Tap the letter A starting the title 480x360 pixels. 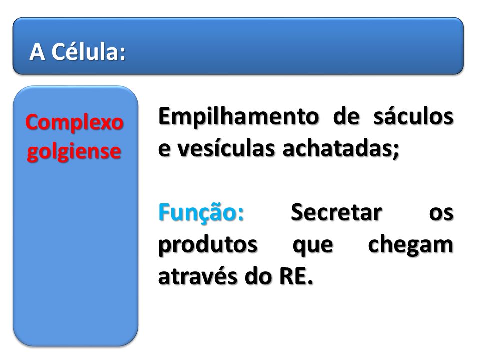pyautogui.click(x=37, y=52)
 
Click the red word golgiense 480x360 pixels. pyautogui.click(x=74, y=152)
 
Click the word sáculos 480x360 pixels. pyautogui.click(x=413, y=116)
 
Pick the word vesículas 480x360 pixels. pyautogui.click(x=226, y=149)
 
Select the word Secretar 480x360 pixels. pyautogui.click(x=336, y=213)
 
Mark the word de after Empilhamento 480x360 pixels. pyautogui.click(x=346, y=116)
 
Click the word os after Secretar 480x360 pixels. pyautogui.click(x=441, y=213)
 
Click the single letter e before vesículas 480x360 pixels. pyautogui.click(x=164, y=149)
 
